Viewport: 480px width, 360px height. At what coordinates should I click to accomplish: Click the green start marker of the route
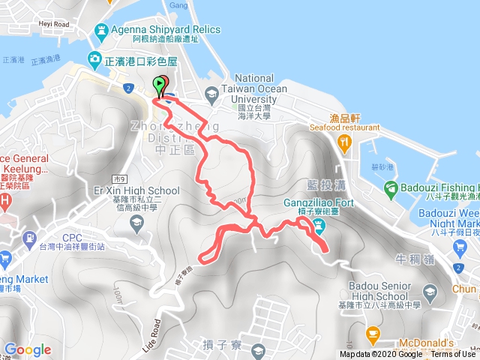160,84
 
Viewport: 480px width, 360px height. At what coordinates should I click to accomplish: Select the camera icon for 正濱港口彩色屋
95,58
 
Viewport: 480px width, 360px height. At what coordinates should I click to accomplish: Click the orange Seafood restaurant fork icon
344,141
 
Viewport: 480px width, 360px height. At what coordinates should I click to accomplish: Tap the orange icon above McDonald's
370,332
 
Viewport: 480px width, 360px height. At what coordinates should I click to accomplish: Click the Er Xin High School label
142,190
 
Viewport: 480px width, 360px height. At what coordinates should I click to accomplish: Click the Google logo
28,349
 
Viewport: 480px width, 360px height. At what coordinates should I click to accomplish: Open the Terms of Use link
453,354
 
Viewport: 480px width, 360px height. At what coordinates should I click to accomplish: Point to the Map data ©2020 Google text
381,354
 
